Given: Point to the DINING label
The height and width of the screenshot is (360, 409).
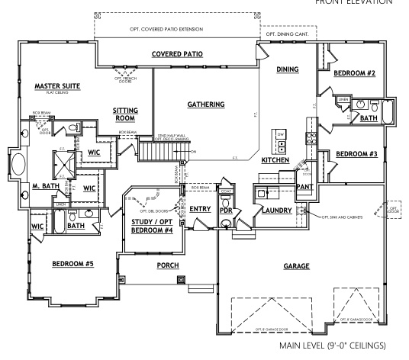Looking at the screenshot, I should (287, 69).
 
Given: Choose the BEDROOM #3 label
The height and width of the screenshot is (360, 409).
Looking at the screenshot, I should (357, 155).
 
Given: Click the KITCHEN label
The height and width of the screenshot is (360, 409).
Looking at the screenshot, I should (275, 161).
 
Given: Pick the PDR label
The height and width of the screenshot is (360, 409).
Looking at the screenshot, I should (227, 209).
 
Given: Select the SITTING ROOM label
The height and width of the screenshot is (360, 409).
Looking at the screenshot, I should (125, 114).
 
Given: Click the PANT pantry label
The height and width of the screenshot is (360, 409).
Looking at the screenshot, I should (304, 185).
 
